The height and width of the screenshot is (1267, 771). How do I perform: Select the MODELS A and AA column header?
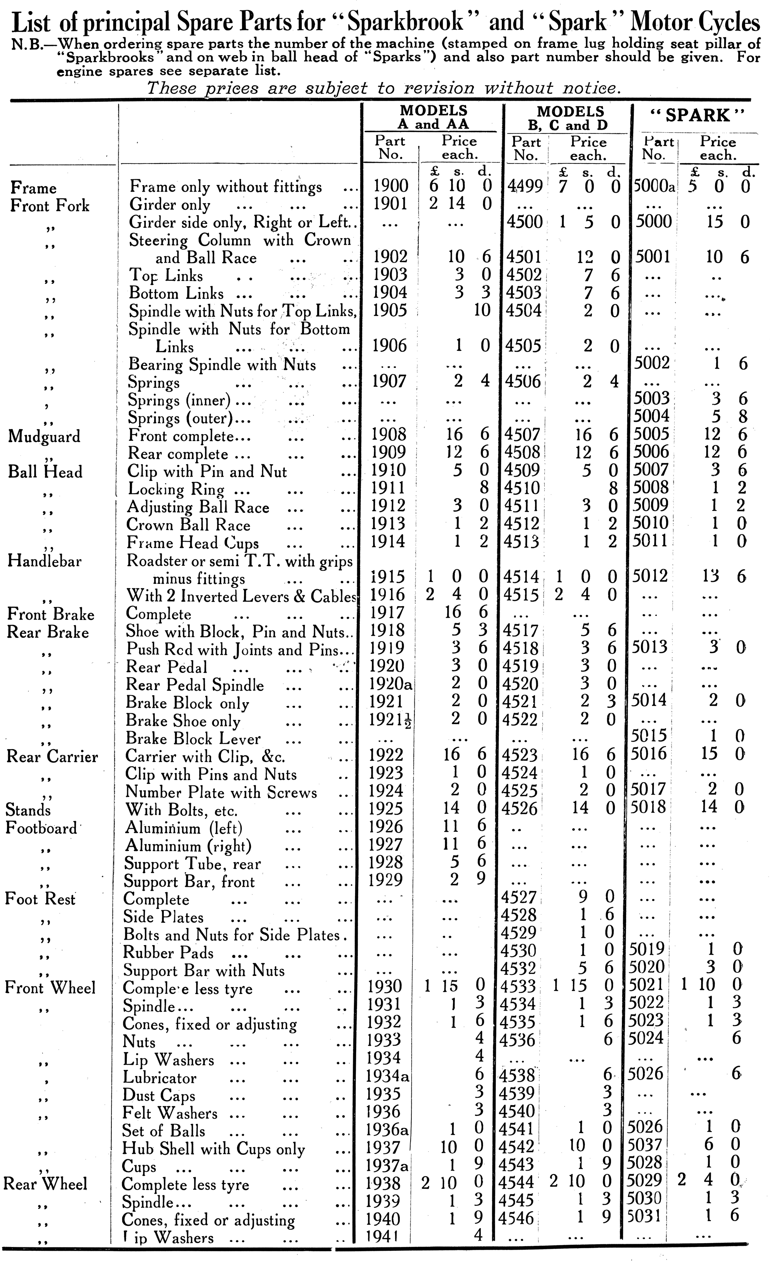[x=433, y=117]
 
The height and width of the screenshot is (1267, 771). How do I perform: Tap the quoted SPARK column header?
[x=697, y=115]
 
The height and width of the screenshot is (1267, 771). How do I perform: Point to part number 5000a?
[x=653, y=185]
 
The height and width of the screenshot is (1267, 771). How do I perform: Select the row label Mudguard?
[x=45, y=436]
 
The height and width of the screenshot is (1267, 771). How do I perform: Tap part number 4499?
[x=525, y=185]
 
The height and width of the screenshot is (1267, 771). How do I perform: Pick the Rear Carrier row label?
[x=52, y=756]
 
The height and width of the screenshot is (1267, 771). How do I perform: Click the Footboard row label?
[x=42, y=828]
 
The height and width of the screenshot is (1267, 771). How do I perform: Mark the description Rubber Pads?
[x=168, y=952]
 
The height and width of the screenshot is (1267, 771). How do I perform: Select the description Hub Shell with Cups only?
[x=213, y=1148]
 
